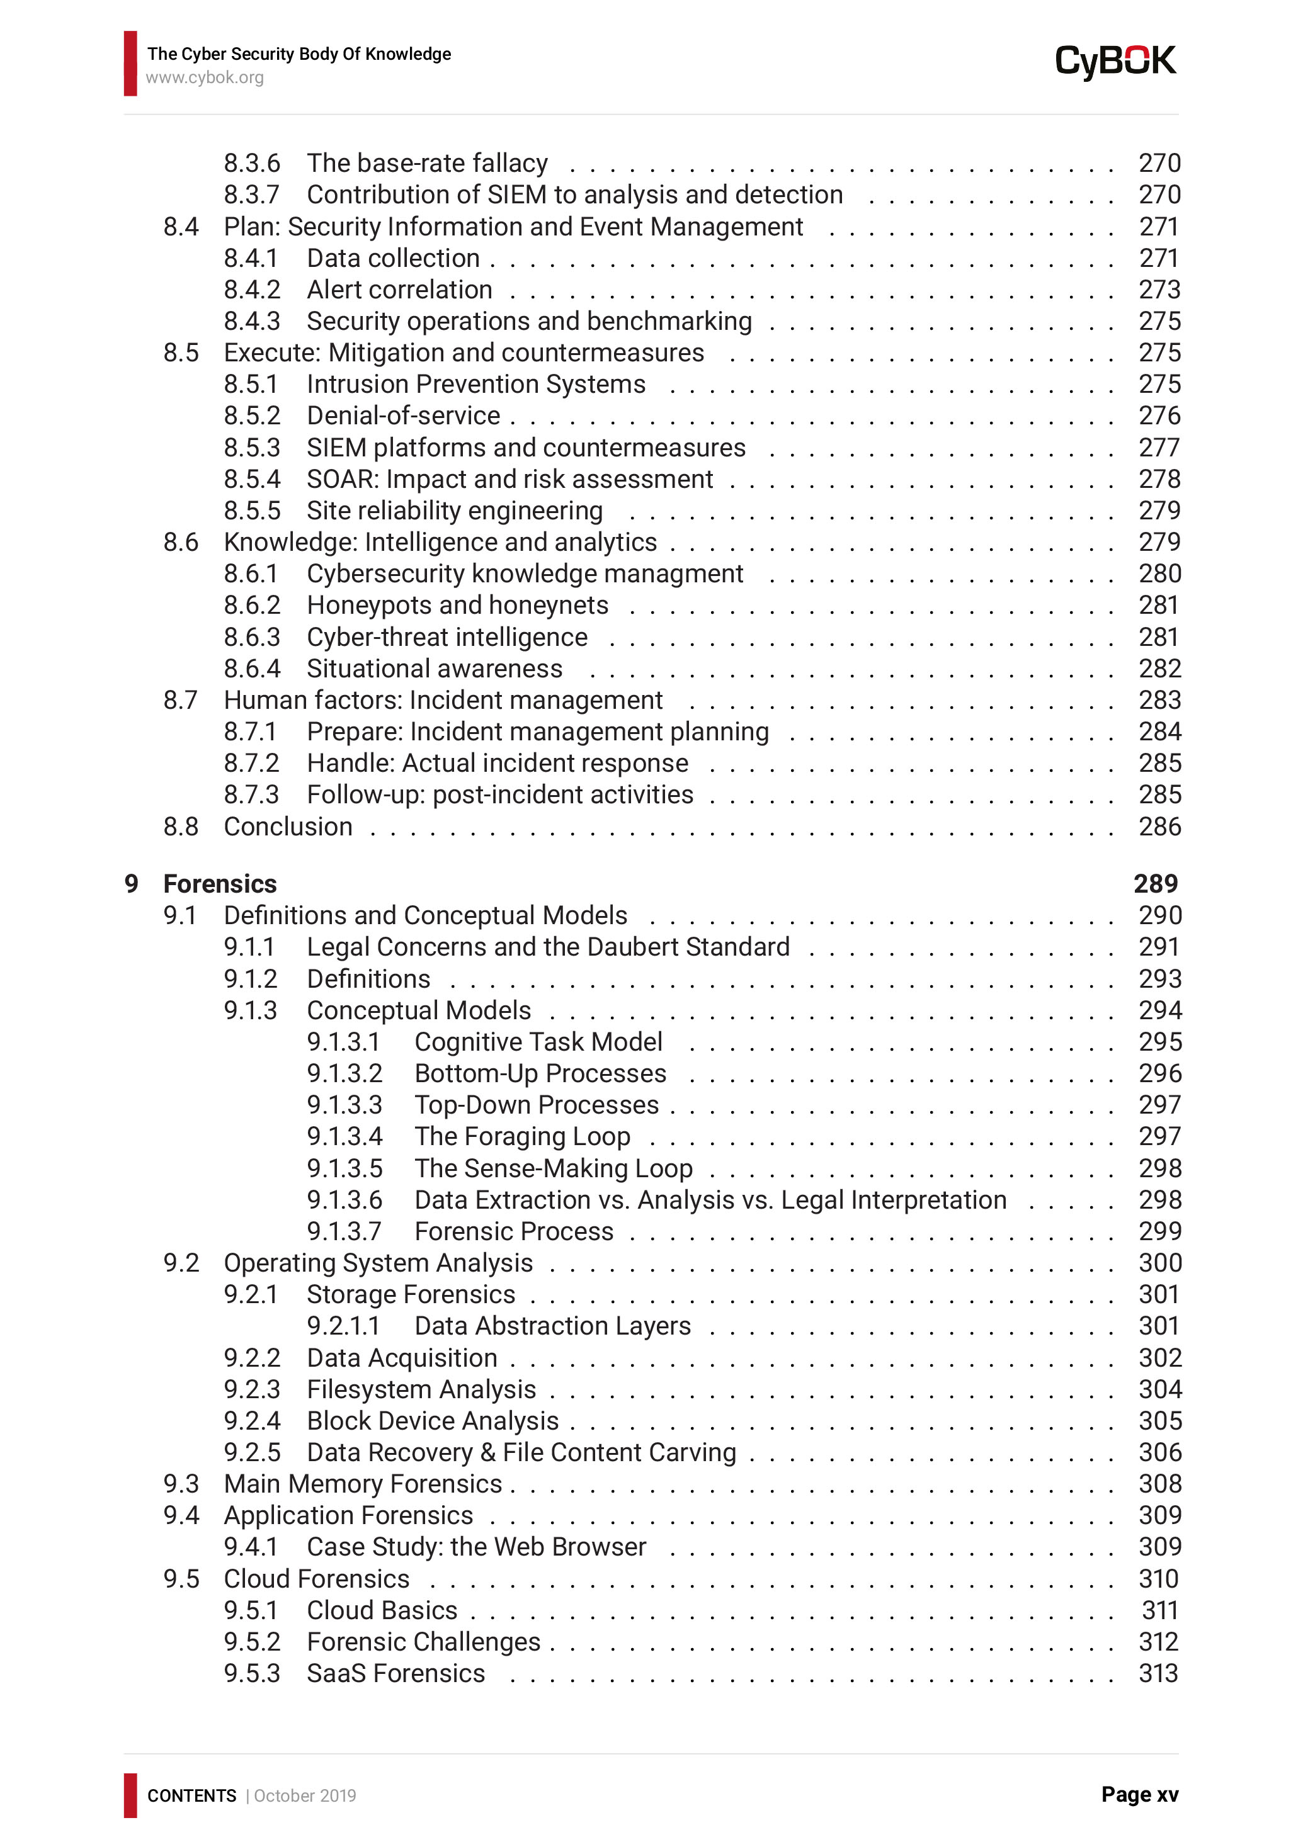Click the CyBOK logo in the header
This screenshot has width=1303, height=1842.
point(1115,62)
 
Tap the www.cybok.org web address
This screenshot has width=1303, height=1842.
point(205,78)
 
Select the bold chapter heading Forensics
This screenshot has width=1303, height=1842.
point(220,883)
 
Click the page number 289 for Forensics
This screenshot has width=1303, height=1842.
point(1156,883)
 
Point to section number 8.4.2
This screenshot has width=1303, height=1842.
point(252,290)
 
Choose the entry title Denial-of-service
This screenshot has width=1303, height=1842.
point(403,415)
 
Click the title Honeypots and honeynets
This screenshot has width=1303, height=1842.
point(457,605)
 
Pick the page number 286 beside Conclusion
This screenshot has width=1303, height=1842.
point(1159,827)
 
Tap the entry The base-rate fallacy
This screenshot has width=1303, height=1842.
point(427,163)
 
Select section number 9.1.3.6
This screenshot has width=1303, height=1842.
point(344,1199)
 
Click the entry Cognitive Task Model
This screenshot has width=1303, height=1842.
point(538,1041)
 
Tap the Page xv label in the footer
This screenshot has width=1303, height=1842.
point(1139,1795)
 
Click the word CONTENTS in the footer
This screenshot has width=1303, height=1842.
point(191,1795)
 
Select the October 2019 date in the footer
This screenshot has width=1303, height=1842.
point(305,1795)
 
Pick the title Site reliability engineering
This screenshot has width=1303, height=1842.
point(454,511)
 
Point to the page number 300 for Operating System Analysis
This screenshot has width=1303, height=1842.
point(1159,1263)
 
